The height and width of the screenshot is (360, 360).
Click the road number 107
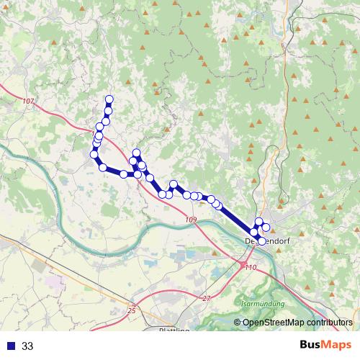[28, 100]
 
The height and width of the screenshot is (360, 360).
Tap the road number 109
[190, 219]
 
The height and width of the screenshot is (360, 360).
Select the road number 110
[251, 267]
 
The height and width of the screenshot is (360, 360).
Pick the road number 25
[131, 310]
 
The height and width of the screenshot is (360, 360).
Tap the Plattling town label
[174, 330]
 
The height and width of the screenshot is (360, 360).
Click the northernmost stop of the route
[109, 99]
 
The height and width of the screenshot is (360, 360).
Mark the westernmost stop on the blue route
[94, 154]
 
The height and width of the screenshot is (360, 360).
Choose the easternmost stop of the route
[266, 228]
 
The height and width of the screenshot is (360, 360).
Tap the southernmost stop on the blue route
[261, 241]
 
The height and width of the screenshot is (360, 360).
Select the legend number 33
[27, 346]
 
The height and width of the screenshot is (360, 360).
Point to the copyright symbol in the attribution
[237, 323]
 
